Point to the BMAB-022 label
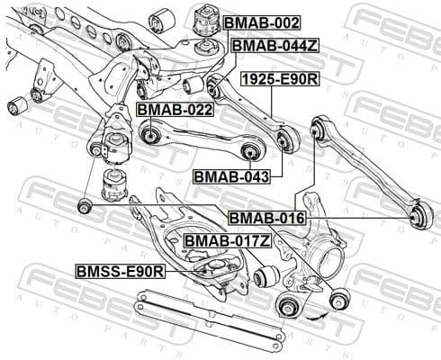click(x=174, y=110)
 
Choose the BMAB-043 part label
click(x=231, y=176)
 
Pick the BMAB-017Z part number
click(x=227, y=241)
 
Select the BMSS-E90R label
click(x=120, y=270)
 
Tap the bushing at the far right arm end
click(x=418, y=216)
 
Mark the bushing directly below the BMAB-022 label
click(x=150, y=135)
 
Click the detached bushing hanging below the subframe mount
click(x=114, y=184)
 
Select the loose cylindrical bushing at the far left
click(x=15, y=108)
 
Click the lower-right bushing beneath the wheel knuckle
click(x=340, y=299)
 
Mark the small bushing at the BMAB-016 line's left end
click(x=84, y=207)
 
